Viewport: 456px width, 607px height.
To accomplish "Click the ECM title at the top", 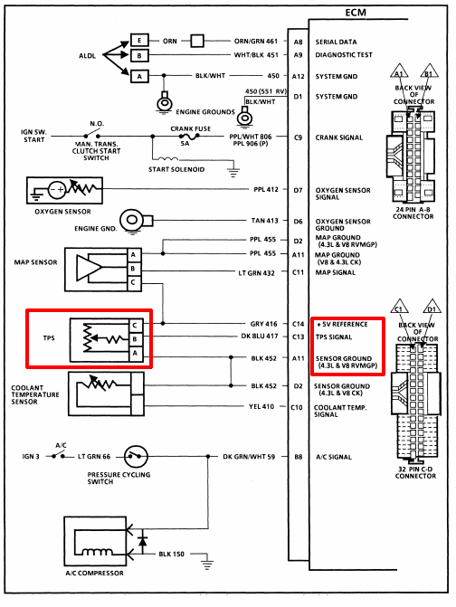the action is tap(356, 13).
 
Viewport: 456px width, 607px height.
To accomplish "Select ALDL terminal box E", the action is tap(139, 41).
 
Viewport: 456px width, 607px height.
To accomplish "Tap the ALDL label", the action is tap(87, 56).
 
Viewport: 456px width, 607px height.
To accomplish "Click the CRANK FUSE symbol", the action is tap(189, 137).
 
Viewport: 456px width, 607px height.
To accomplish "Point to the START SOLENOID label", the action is tap(176, 169).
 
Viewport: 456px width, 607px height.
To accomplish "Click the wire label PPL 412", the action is tap(266, 189).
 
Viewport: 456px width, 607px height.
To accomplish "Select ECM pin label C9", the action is tap(298, 138).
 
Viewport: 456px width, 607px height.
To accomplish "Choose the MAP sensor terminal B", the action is tap(134, 269).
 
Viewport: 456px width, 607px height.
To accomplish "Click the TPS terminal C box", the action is tap(135, 325).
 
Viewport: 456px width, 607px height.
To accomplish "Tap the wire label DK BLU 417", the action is tap(260, 336).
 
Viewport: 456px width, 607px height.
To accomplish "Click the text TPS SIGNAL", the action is tap(334, 337).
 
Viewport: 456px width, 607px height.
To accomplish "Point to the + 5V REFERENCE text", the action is tap(342, 325).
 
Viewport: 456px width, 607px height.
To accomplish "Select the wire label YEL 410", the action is tap(261, 406).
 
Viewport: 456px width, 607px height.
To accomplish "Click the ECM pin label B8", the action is tap(298, 457).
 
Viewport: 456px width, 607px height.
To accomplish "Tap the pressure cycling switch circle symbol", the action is tap(136, 457).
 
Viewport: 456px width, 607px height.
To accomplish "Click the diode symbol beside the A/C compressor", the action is tap(142, 541).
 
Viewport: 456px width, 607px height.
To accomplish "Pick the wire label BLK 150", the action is tap(172, 554).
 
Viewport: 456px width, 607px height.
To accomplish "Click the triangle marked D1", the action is tap(432, 307).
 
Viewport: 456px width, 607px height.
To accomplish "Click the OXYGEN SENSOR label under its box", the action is tap(62, 212).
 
